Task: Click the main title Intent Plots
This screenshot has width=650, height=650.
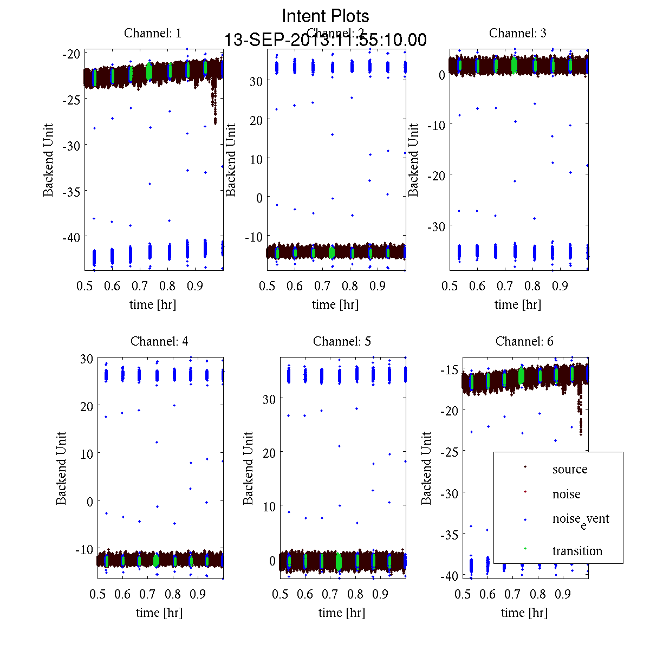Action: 326,16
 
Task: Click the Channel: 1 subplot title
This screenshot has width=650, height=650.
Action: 153,33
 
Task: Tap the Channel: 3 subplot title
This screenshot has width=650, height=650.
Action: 518,33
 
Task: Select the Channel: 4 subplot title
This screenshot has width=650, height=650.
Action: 159,341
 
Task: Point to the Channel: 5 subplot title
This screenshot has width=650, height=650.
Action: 342,341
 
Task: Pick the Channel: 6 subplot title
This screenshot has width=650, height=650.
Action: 524,341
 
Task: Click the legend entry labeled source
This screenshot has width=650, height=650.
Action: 570,470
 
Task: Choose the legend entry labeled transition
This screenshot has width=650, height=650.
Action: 577,551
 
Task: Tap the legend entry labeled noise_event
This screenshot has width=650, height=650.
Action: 581,519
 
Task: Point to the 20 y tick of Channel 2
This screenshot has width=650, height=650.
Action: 256,120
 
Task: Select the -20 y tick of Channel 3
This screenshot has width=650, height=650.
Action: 436,175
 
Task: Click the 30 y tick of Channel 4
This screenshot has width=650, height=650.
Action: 87,358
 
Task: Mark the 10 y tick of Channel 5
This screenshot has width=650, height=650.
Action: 269,506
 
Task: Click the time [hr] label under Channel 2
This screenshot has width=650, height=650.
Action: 335,304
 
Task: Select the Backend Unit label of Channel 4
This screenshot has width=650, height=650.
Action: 61,468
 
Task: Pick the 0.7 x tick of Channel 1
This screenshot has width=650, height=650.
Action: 140,286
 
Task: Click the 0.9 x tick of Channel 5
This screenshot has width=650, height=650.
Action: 381,594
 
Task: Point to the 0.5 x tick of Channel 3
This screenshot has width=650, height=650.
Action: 450,286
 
